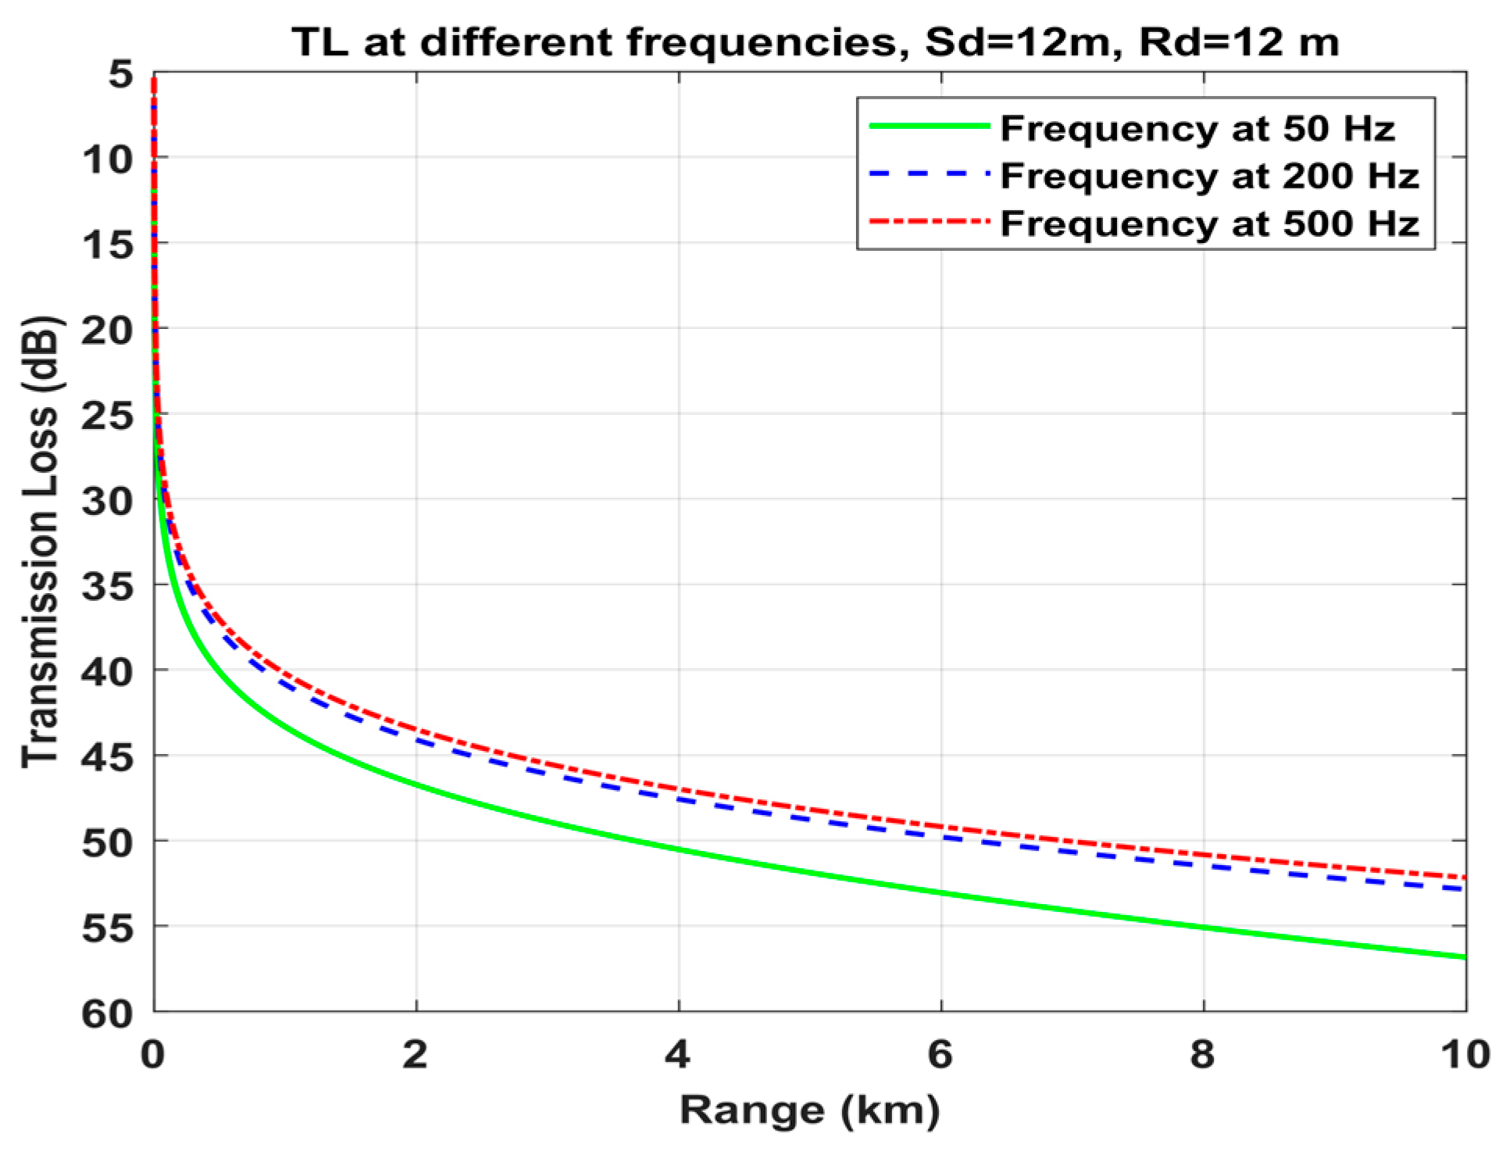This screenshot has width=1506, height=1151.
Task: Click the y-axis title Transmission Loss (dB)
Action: coord(41,542)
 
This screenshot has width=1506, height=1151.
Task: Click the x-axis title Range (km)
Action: coord(809,1110)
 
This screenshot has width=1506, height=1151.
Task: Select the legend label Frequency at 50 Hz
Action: coord(1197,128)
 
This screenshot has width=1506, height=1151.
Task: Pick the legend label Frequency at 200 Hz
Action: coord(1209,176)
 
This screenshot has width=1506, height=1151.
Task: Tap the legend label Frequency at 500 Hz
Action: coord(1209,223)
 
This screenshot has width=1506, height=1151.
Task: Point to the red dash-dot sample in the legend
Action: coord(929,222)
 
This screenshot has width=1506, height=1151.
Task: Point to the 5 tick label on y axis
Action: coord(121,75)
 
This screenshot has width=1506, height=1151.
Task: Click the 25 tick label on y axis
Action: coord(108,416)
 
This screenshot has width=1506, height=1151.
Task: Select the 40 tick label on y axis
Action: coord(108,671)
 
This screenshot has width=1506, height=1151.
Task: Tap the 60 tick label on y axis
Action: coord(108,1013)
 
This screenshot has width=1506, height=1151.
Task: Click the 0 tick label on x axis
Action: coord(153,1055)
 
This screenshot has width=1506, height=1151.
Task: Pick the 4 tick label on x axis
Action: coord(678,1055)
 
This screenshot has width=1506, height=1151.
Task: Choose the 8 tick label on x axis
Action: coord(1203,1055)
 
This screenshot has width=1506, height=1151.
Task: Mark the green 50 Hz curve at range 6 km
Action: coord(941,892)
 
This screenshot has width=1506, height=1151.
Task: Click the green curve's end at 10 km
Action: coord(1464,956)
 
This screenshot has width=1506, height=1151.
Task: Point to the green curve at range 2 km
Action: coord(416,784)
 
